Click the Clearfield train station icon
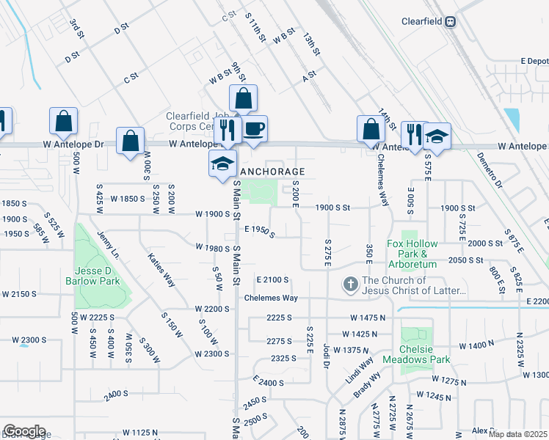tap(449, 21)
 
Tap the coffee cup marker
tap(254, 129)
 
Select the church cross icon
tap(351, 285)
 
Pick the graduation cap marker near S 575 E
tap(437, 136)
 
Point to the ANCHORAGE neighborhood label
tap(269, 172)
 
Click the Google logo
tap(24, 431)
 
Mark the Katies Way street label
tap(161, 269)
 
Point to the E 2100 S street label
tap(272, 280)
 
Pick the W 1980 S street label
tap(213, 247)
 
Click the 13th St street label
tap(313, 45)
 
